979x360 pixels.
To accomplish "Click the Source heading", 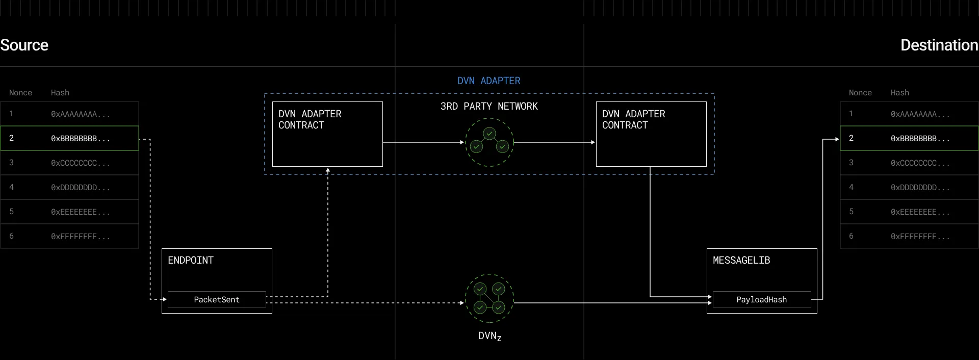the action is (x=24, y=45).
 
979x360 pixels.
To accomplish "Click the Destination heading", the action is (x=939, y=45).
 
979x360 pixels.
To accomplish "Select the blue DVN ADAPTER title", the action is (x=489, y=81).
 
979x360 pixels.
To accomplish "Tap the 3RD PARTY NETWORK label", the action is (x=489, y=106).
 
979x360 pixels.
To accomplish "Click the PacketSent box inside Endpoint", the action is (x=217, y=299).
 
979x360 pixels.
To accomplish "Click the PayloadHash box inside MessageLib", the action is (x=762, y=299).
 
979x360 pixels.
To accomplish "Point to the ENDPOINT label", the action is (x=191, y=260).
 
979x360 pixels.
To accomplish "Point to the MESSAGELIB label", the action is (x=741, y=260).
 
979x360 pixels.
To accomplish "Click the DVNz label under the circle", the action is (x=489, y=336).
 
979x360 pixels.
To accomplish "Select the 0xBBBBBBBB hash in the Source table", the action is (x=81, y=138).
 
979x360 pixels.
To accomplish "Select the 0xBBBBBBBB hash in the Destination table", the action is (x=920, y=138).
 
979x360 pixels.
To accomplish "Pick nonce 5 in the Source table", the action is (x=12, y=212).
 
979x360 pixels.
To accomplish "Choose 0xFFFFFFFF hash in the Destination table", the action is (x=920, y=236).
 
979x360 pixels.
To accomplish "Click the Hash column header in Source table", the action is (x=60, y=92).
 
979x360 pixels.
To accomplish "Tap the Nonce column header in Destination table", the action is (x=860, y=92).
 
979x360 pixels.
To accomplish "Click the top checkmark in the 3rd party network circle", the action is (x=489, y=134).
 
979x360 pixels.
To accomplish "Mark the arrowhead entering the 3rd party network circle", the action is (x=462, y=142).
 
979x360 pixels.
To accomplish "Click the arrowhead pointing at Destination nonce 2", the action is (x=837, y=139).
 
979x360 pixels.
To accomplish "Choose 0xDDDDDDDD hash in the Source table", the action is (x=81, y=187).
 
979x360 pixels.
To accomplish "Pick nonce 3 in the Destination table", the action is (x=851, y=163).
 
